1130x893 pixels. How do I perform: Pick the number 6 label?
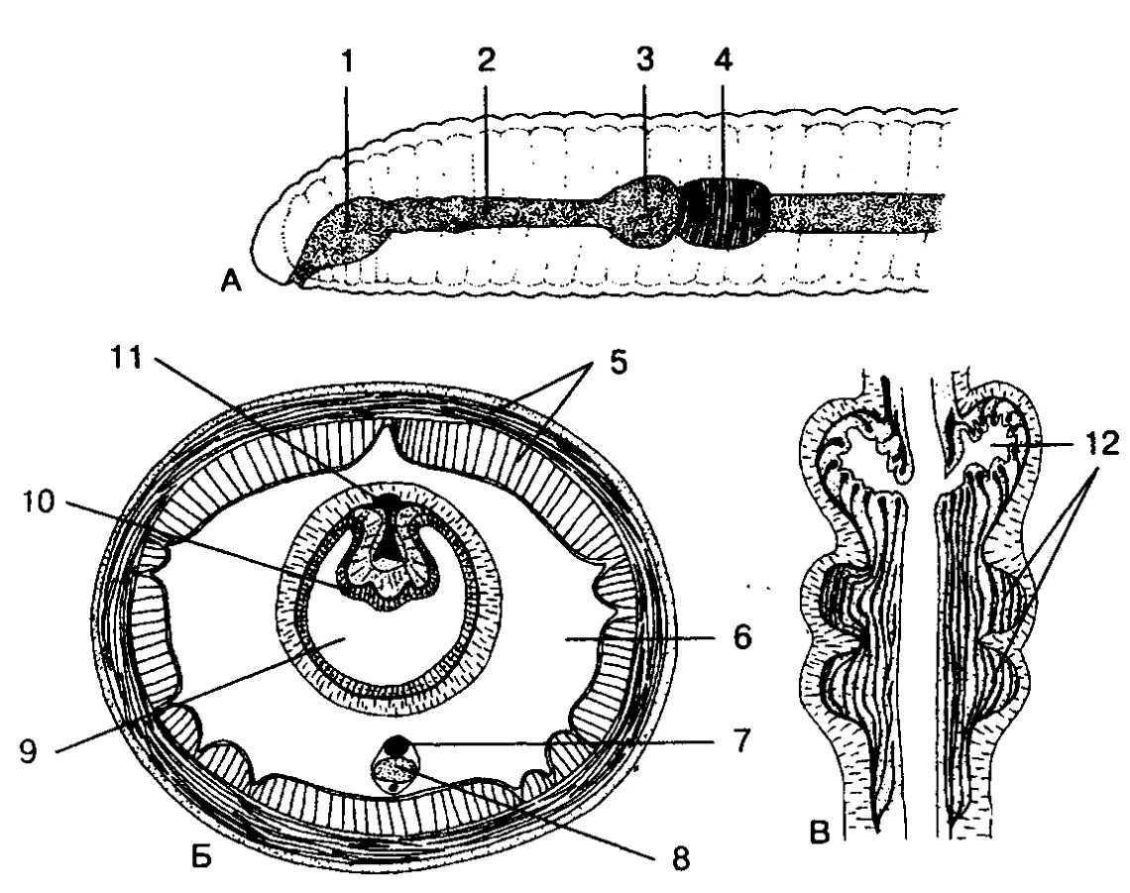(740, 638)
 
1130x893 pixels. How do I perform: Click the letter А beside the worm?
(230, 285)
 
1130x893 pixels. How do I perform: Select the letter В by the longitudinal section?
(819, 831)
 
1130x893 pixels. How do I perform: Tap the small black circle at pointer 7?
(398, 741)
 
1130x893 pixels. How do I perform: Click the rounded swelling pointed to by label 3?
(643, 210)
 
